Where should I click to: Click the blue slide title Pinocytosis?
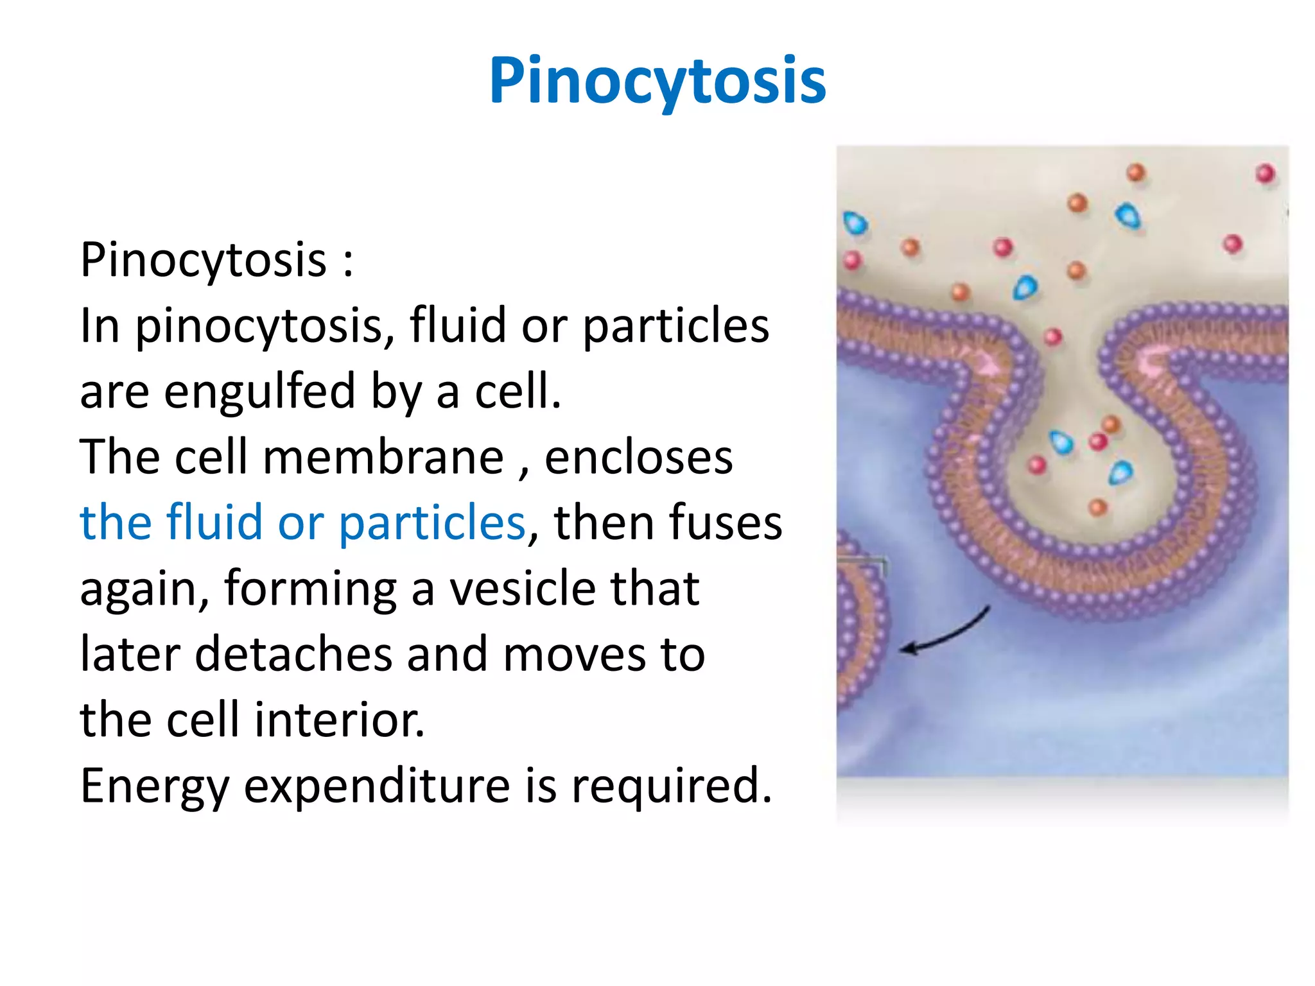tap(657, 81)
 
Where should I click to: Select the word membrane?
tap(383, 457)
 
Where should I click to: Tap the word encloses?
tap(638, 457)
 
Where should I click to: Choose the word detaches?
tap(293, 654)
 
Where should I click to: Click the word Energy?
tap(154, 786)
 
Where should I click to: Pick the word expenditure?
tap(377, 786)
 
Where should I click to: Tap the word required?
tap(672, 786)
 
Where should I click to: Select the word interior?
tap(340, 720)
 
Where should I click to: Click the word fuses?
tap(668, 523)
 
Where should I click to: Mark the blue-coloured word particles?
tap(432, 523)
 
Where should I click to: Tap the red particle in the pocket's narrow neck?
tap(1053, 336)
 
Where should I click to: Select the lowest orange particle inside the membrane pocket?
tap(1098, 508)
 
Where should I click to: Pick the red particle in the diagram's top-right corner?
tap(1265, 173)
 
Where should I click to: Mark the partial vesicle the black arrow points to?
tap(860, 629)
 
